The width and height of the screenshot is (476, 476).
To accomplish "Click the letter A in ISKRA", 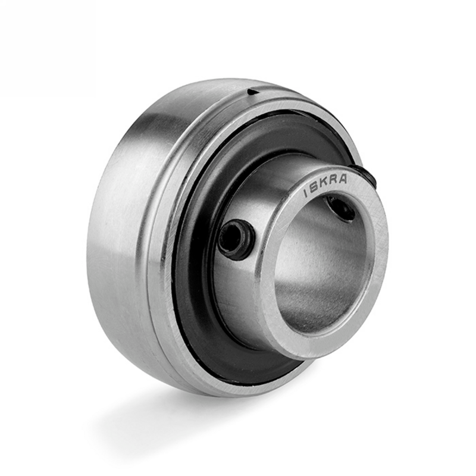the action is click(x=343, y=179).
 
